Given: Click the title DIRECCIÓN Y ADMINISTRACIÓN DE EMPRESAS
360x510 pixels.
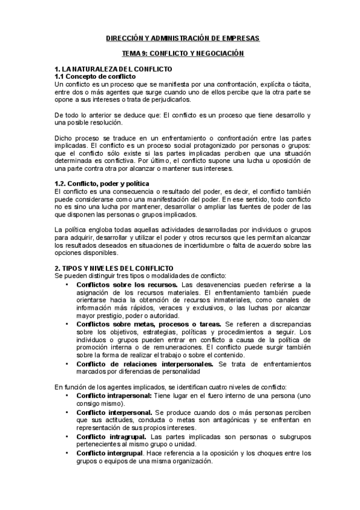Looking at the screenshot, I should coord(179,38).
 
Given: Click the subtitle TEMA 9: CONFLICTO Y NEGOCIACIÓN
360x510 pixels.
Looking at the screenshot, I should coord(179,54).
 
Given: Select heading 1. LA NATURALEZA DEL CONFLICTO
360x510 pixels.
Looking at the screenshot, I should coord(113,70).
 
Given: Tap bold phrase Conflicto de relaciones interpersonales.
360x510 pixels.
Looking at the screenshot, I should coord(145,363).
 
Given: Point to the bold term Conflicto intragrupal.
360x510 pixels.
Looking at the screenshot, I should coord(112,435).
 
